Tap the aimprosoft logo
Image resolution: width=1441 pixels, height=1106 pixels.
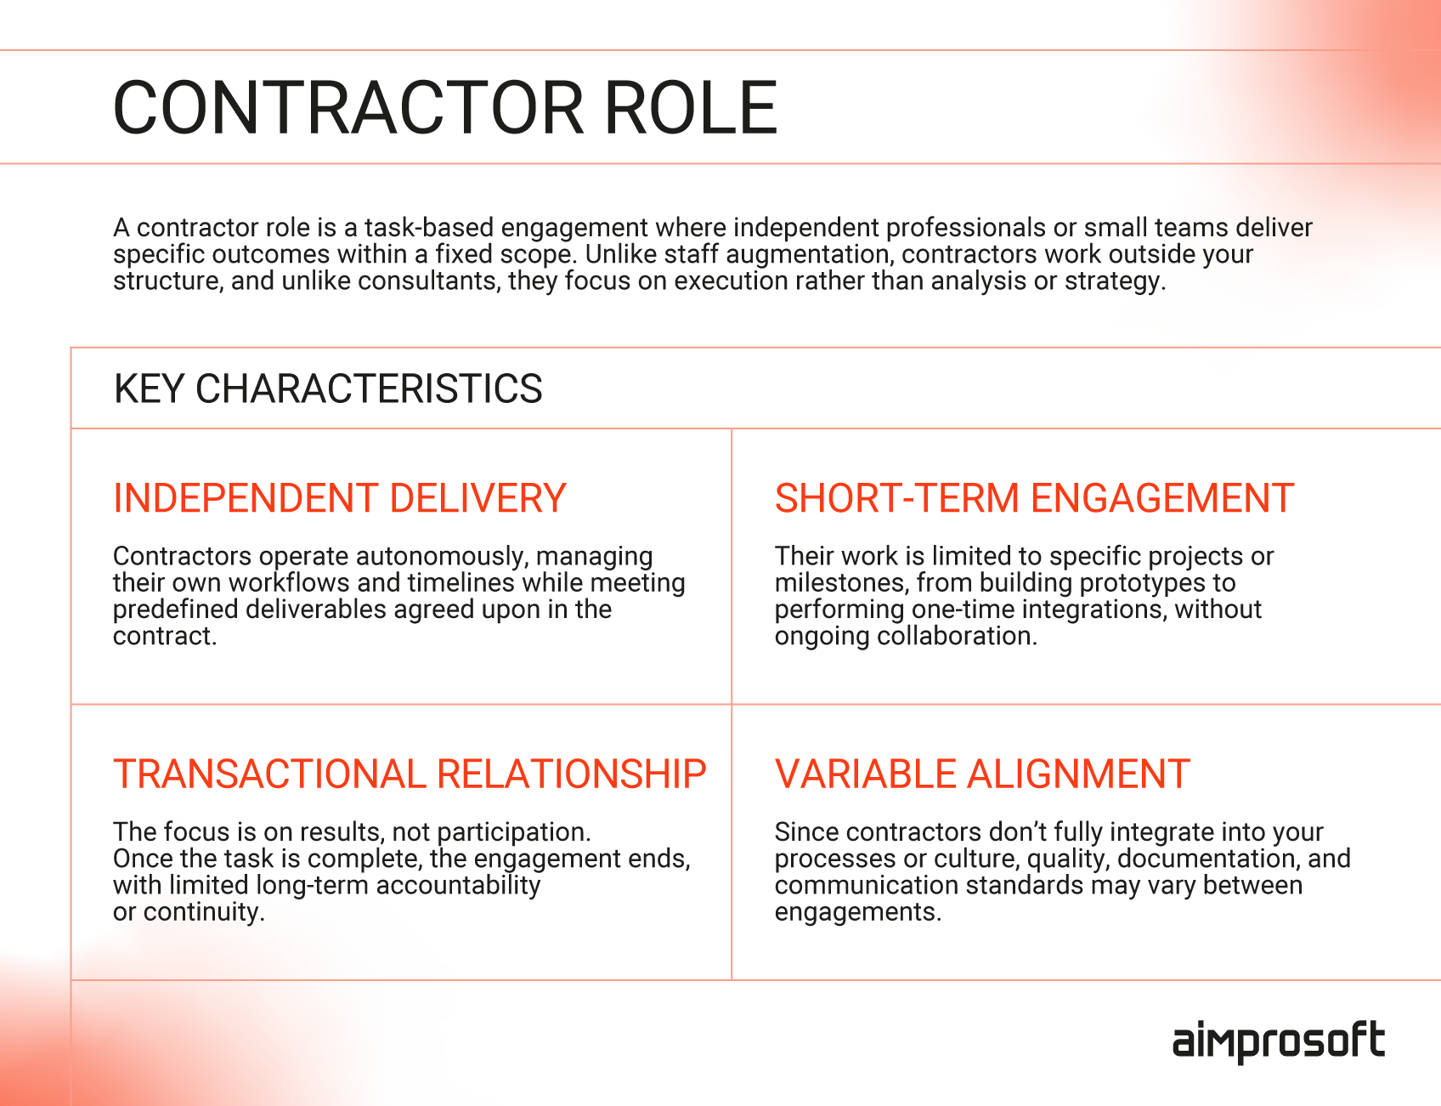(1278, 1041)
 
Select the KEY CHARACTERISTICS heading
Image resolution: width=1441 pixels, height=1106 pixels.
(328, 389)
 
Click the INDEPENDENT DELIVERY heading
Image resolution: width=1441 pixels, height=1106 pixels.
(339, 498)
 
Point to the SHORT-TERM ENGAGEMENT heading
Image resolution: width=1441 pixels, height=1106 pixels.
(1034, 498)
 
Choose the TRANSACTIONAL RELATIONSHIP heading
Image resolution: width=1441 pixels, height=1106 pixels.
(410, 774)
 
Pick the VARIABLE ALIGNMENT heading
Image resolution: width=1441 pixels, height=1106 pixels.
(981, 774)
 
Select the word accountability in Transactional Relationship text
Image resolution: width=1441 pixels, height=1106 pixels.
(458, 885)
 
